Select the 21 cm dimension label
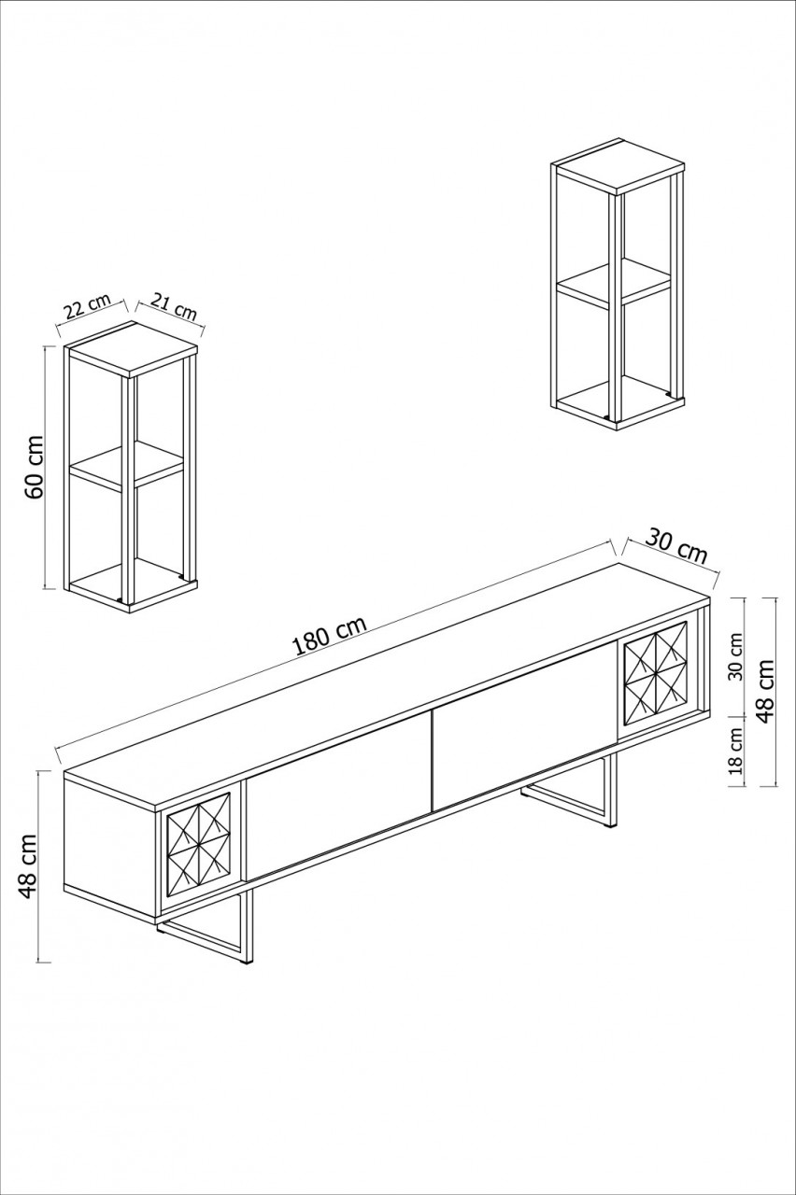click(x=173, y=305)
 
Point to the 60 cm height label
click(x=34, y=466)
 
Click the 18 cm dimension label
click(x=734, y=752)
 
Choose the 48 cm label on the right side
click(x=766, y=691)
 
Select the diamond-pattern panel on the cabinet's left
click(x=198, y=844)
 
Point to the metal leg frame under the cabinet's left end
click(x=210, y=934)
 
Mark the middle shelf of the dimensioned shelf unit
click(x=126, y=465)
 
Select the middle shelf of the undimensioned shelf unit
click(x=614, y=284)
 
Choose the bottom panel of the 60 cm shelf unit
click(x=131, y=585)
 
